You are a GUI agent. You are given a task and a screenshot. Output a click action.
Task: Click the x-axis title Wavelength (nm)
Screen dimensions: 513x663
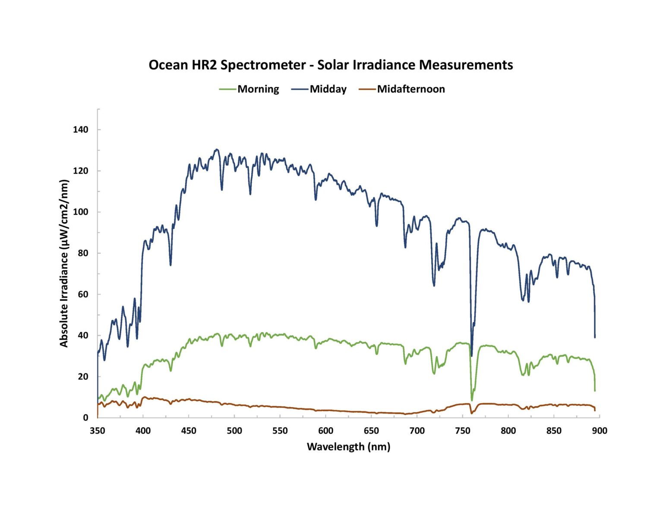348,446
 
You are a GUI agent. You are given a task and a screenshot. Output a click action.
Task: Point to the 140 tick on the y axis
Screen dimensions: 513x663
80,130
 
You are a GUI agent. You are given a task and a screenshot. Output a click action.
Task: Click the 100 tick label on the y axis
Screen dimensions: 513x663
80,212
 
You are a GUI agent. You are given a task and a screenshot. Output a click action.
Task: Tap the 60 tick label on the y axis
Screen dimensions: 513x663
82,294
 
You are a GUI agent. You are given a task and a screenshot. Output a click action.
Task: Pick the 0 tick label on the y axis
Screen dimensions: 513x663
85,418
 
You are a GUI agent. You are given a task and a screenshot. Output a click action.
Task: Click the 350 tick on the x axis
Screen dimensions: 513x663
98,430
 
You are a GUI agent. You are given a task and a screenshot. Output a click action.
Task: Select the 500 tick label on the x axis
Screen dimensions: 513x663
234,430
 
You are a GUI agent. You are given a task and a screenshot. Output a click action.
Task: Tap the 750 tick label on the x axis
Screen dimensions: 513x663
462,430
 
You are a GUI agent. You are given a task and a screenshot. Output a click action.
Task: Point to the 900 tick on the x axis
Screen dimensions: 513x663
599,430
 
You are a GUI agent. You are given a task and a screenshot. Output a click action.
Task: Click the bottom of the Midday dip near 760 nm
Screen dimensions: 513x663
471,356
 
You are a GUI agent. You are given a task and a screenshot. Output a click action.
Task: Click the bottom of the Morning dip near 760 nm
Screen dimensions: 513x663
472,400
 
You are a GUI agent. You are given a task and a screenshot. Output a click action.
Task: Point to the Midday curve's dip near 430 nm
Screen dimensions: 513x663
170,265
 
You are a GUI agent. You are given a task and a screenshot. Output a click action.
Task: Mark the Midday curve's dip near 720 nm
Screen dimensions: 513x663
434,286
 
